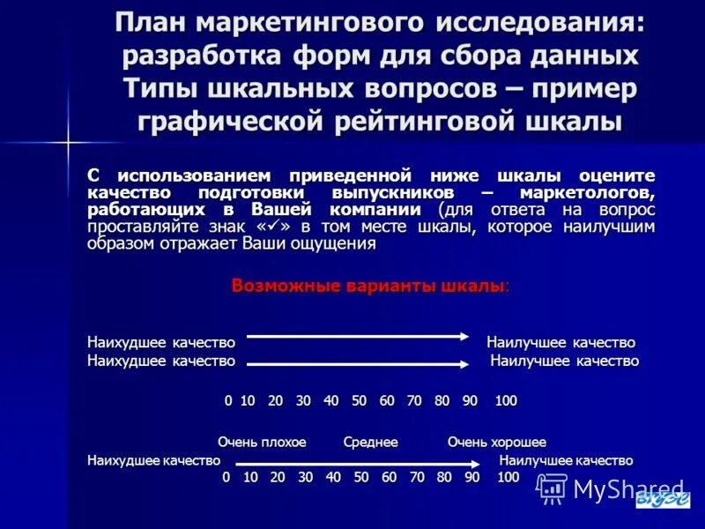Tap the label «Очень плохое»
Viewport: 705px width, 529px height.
tap(262, 442)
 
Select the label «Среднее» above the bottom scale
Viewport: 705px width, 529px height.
tap(370, 442)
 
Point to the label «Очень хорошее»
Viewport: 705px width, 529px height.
tap(496, 442)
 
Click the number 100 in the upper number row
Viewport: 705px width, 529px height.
tap(505, 400)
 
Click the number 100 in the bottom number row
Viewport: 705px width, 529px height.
tap(508, 477)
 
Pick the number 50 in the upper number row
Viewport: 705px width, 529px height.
tap(359, 400)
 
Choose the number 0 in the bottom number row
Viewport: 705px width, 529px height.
tap(226, 477)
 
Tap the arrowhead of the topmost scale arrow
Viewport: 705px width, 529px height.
tap(471, 335)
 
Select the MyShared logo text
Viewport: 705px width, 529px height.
tap(627, 488)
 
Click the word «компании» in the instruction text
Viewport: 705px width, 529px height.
tap(382, 210)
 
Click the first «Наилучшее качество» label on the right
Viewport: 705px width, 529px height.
tap(560, 342)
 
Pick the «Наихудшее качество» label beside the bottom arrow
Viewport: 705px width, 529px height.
tap(153, 460)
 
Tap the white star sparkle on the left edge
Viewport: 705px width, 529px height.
tap(67, 141)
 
